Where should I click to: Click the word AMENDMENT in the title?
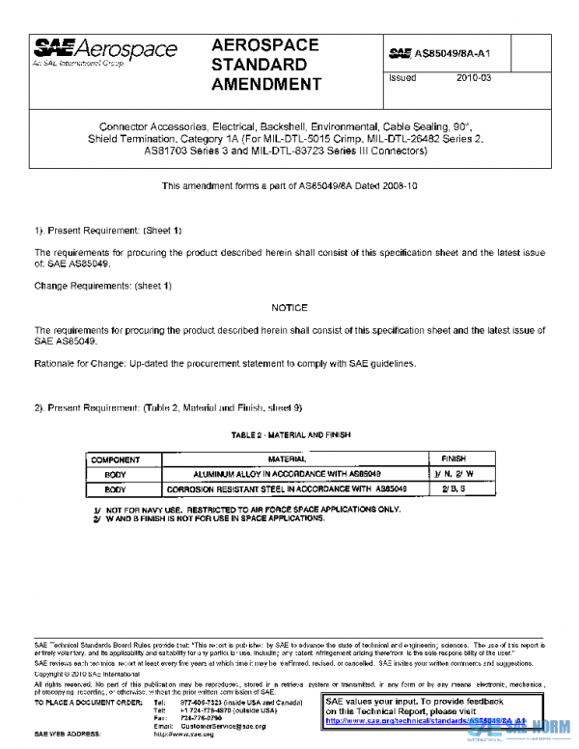click(x=265, y=84)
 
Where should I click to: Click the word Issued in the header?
click(x=402, y=78)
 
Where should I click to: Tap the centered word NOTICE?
click(x=289, y=308)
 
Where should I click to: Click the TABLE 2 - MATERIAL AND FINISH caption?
click(x=289, y=435)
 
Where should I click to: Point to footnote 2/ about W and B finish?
click(x=209, y=518)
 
